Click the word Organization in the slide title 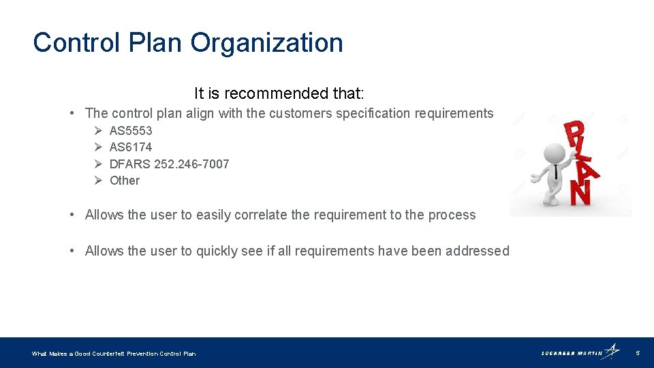[x=266, y=43]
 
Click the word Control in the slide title [x=72, y=43]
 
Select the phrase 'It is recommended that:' [x=279, y=93]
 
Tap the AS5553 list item [x=131, y=131]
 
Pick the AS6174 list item [x=131, y=147]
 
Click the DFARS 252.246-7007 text [x=169, y=164]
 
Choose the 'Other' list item [x=125, y=181]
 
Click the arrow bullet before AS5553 [x=98, y=131]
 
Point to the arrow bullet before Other [x=98, y=181]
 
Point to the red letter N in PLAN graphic [x=580, y=193]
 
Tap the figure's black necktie [x=555, y=170]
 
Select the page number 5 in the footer [x=638, y=353]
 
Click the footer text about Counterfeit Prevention [x=114, y=354]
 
